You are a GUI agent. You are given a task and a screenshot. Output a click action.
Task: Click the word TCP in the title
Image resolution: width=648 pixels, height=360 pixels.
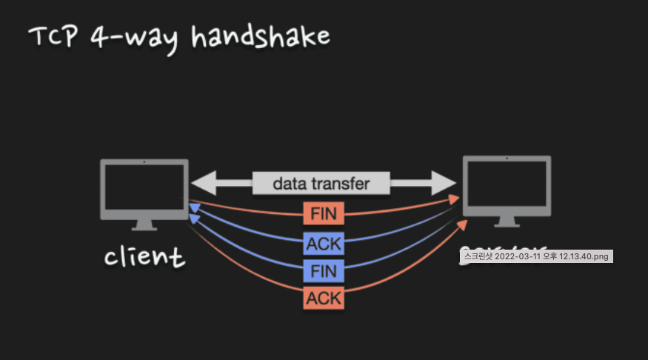(x=51, y=36)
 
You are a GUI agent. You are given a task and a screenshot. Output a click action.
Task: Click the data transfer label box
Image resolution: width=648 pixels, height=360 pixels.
(x=321, y=183)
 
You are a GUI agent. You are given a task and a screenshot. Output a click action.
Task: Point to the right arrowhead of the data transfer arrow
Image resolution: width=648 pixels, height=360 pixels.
(x=445, y=183)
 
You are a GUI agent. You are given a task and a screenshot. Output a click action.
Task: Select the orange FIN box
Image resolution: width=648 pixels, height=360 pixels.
(x=323, y=214)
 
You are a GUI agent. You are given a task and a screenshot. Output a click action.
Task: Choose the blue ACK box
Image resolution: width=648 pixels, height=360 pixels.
(x=323, y=242)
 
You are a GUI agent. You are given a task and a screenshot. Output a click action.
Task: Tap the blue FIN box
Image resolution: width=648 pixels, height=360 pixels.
(x=323, y=270)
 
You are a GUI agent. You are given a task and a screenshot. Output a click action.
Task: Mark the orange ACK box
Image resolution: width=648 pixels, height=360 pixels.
(x=323, y=299)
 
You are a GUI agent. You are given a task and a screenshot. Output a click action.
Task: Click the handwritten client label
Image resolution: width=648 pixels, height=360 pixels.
(x=144, y=257)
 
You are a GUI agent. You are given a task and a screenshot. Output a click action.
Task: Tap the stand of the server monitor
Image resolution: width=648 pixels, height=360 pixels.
(x=507, y=223)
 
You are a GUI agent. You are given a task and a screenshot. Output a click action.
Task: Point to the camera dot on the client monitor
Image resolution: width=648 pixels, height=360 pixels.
(x=144, y=161)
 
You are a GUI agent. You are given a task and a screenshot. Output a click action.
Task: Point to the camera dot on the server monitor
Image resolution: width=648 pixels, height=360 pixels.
(x=507, y=159)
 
